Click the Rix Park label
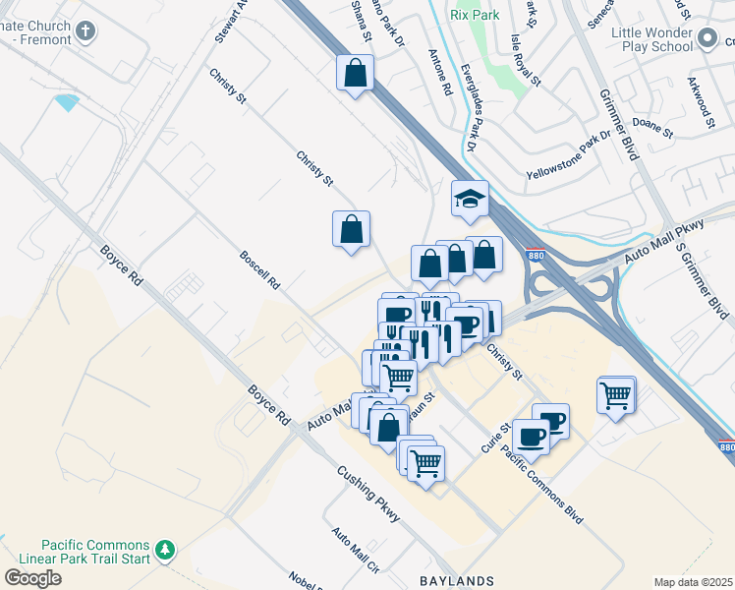[473, 15]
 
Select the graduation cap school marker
[470, 200]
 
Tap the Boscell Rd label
[260, 269]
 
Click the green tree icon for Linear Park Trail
[167, 548]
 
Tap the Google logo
[32, 578]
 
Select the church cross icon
[85, 30]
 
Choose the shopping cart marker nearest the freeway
[615, 396]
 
